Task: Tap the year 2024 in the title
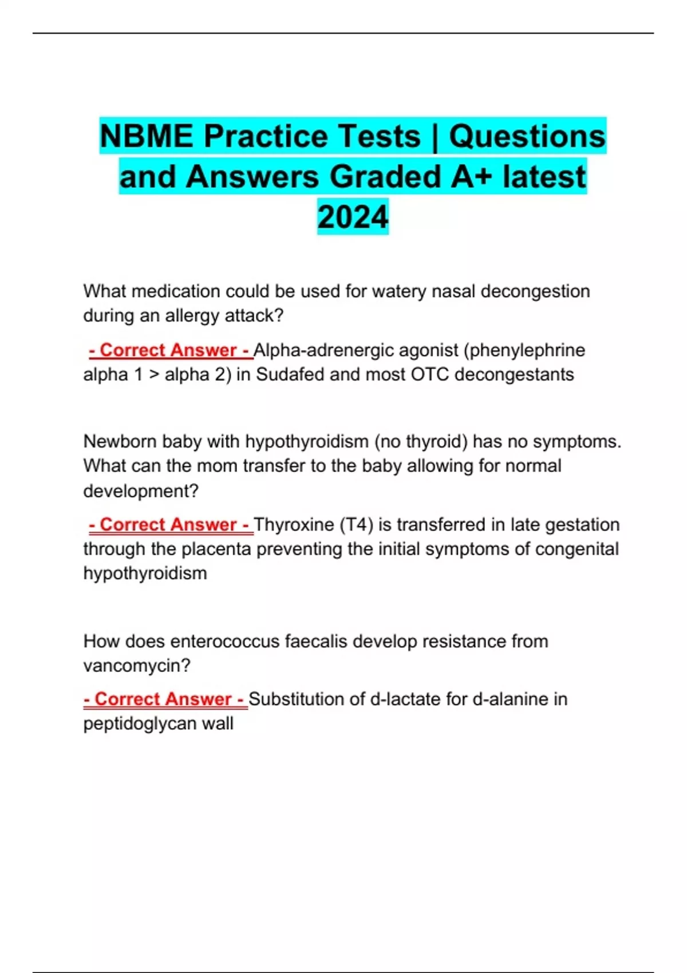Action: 353,217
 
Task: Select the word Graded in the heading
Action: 385,176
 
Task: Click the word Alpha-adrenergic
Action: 323,350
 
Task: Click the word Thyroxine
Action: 293,524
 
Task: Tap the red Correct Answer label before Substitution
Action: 164,699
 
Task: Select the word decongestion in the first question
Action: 535,291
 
